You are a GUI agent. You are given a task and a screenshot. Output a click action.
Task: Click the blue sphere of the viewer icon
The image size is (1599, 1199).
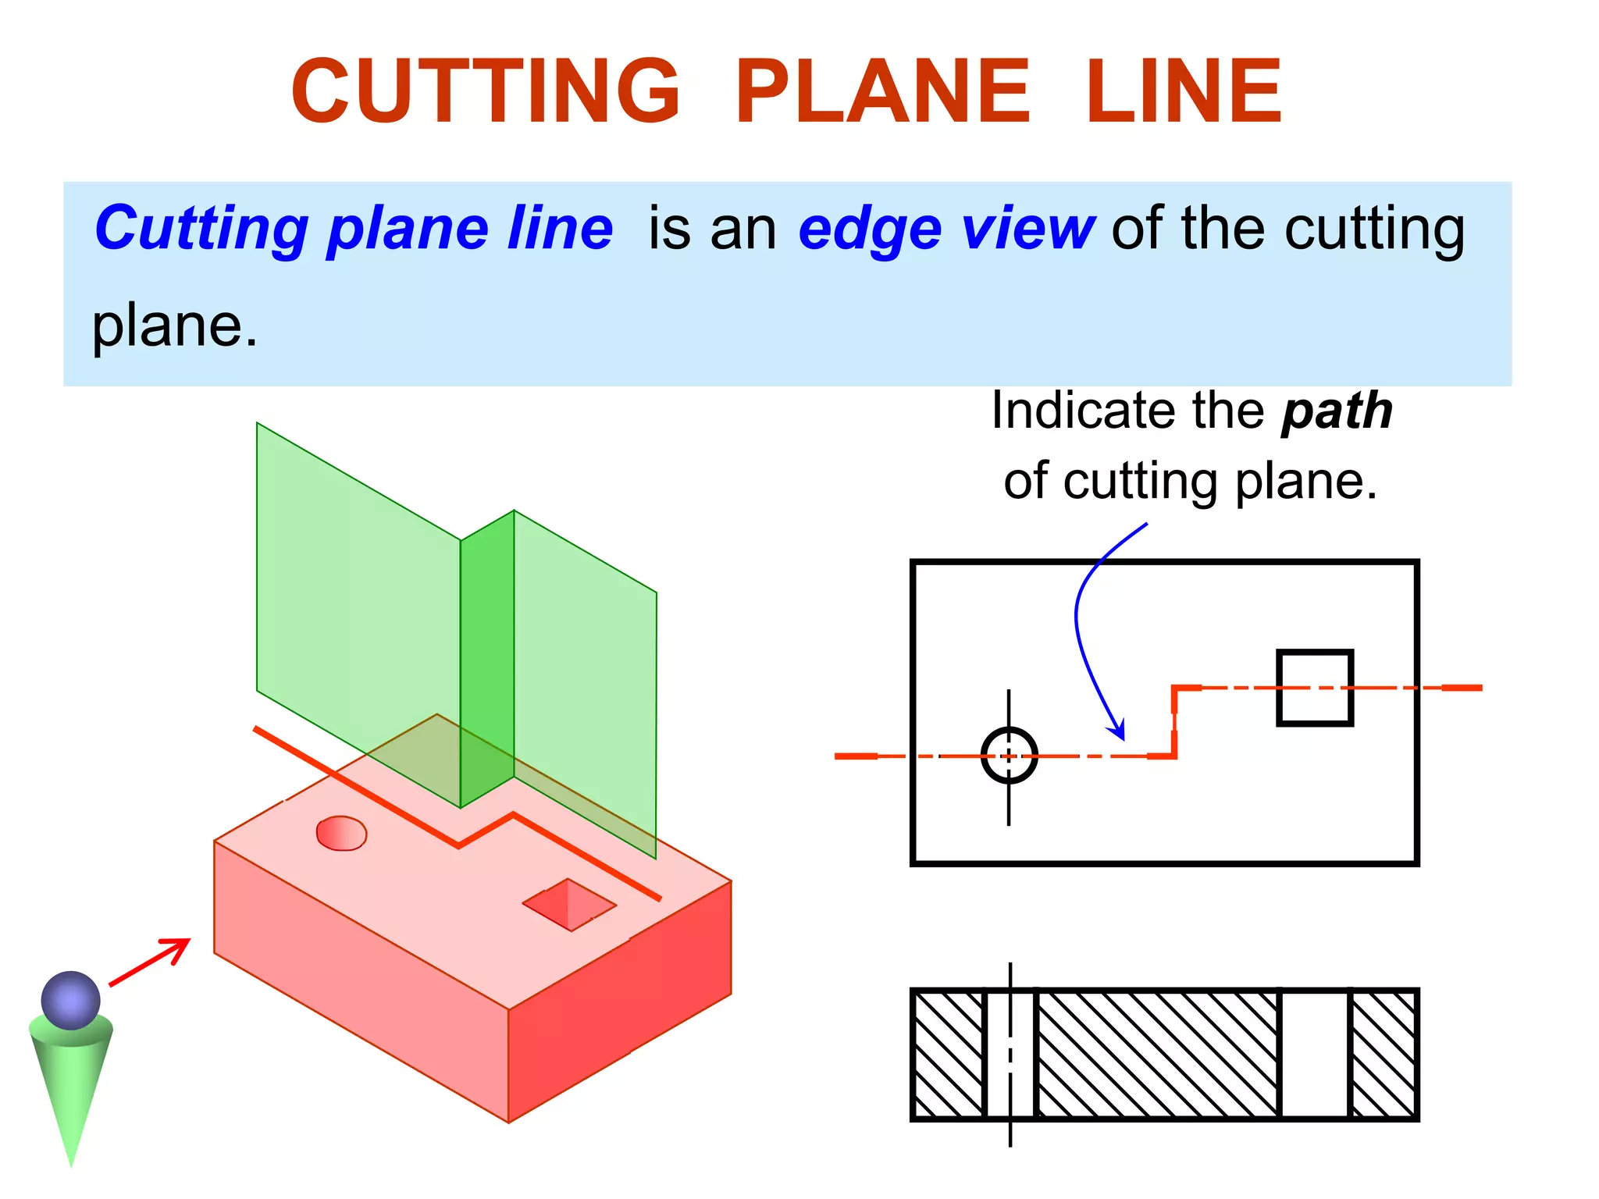click(x=71, y=1000)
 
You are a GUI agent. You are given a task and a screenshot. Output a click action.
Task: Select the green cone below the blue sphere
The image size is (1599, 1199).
click(x=71, y=1085)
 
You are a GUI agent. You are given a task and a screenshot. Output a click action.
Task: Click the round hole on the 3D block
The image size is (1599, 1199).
click(x=341, y=833)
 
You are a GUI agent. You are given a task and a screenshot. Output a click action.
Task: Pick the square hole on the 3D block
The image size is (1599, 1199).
click(x=570, y=905)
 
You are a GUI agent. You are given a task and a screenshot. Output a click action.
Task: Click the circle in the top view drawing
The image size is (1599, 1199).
click(x=1009, y=756)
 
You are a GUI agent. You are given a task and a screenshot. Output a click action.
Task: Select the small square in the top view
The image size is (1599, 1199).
click(x=1315, y=688)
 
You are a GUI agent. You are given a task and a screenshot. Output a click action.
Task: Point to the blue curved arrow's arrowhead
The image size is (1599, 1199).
click(x=1119, y=731)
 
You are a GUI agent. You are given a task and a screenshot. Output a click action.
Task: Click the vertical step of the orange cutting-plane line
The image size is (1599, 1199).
click(x=1174, y=721)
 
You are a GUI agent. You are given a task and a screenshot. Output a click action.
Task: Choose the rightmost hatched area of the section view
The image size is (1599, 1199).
click(x=1384, y=1055)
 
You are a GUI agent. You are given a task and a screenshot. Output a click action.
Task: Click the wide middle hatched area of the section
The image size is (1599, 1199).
click(x=1158, y=1055)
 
